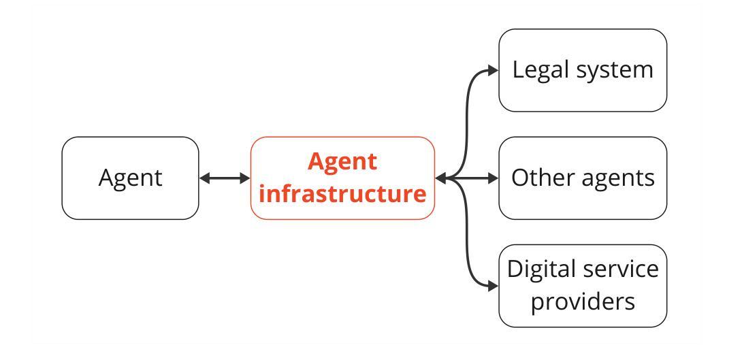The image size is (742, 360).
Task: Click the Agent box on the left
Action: coord(130,178)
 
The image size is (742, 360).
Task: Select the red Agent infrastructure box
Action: coord(342,178)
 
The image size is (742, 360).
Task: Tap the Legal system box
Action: coord(583,71)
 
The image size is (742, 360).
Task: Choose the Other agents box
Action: coord(583,178)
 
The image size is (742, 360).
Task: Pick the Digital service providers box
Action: coord(583,286)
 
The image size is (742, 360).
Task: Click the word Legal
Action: coord(540,71)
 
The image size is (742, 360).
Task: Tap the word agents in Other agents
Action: coord(618,180)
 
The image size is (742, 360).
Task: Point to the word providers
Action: coord(583,301)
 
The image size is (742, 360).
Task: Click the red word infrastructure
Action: coord(342,194)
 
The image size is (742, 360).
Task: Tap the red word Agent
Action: coord(342,163)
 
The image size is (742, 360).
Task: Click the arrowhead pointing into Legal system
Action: coord(493,71)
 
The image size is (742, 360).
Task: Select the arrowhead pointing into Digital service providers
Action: coord(493,286)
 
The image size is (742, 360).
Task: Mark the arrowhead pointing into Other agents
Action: coord(493,178)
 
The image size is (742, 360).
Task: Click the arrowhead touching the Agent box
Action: coord(205,178)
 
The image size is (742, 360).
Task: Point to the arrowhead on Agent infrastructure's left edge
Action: coord(244,178)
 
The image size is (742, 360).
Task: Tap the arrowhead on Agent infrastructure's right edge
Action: coord(440,178)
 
